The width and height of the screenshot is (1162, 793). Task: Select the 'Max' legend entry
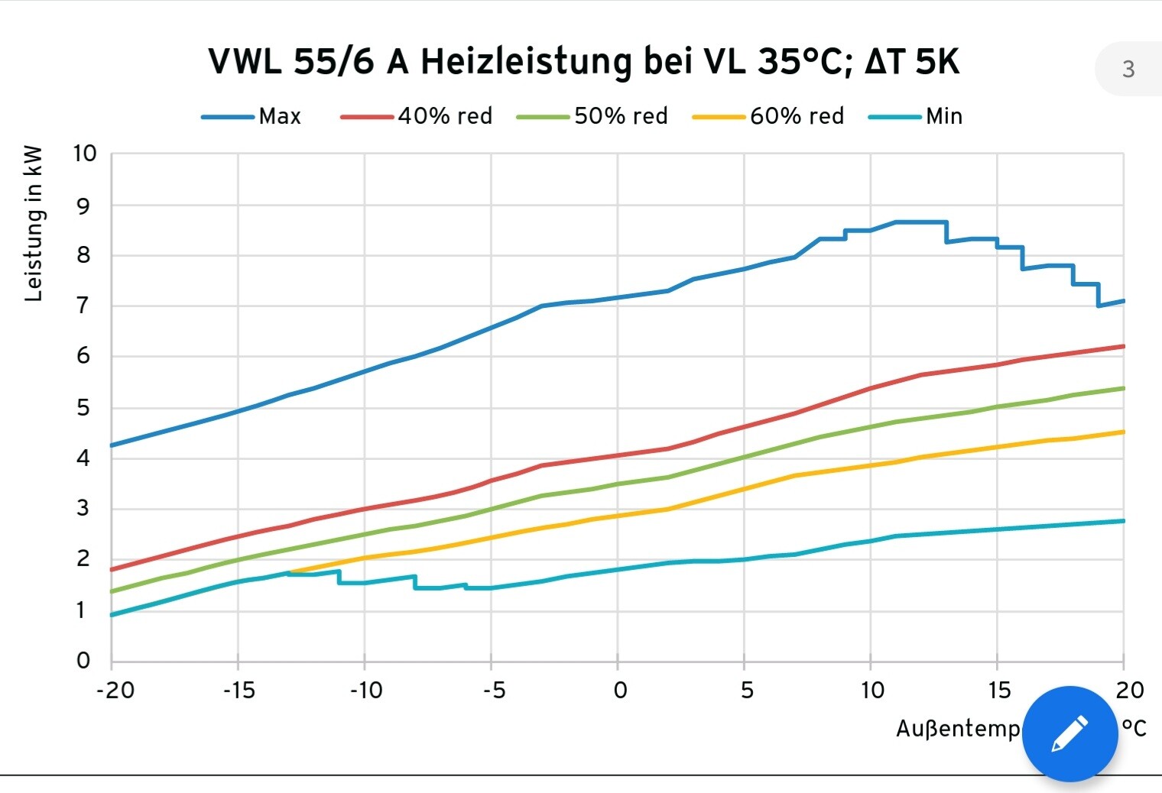pos(279,116)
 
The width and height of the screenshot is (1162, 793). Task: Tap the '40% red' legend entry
pos(444,116)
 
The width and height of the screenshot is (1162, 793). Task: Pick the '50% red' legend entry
pos(620,116)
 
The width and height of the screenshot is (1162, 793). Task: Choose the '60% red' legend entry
pos(796,116)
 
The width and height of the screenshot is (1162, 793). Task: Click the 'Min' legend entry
pos(943,116)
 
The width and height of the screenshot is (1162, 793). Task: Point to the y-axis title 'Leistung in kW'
pos(34,224)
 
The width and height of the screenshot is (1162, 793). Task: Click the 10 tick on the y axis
pos(85,154)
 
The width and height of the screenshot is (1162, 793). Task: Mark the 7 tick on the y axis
pos(83,306)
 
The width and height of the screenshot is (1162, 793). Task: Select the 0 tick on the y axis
pos(83,661)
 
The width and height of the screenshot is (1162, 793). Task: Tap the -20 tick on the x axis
pos(115,691)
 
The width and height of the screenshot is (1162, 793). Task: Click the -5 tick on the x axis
pos(494,691)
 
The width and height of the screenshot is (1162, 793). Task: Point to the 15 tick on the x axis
pos(998,691)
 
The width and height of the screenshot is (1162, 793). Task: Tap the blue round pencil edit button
pos(1069,733)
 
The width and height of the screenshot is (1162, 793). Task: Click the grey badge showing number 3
pos(1128,70)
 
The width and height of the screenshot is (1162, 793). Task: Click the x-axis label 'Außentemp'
pos(958,729)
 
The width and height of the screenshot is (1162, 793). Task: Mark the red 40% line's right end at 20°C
pos(1123,346)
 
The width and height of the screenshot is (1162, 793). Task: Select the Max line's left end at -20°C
pos(112,445)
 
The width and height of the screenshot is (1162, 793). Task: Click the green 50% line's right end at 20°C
pos(1123,388)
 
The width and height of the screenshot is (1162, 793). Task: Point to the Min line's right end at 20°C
pos(1123,521)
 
